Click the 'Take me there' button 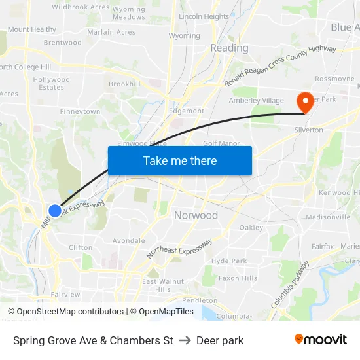pyautogui.click(x=179, y=160)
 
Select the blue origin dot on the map pyautogui.click(x=55, y=210)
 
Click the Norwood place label pyautogui.click(x=196, y=215)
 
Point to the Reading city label pyautogui.click(x=229, y=48)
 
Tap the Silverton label pyautogui.click(x=308, y=130)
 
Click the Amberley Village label pyautogui.click(x=256, y=100)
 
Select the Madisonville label pyautogui.click(x=328, y=217)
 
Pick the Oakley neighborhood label pyautogui.click(x=251, y=228)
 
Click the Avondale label pyautogui.click(x=128, y=240)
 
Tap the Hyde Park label pyautogui.click(x=229, y=261)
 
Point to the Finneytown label pyautogui.click(x=80, y=111)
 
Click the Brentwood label pyautogui.click(x=63, y=43)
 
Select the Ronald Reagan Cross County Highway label pyautogui.click(x=280, y=66)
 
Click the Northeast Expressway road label pyautogui.click(x=179, y=247)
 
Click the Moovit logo pyautogui.click(x=320, y=339)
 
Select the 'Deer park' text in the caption pyautogui.click(x=220, y=340)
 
